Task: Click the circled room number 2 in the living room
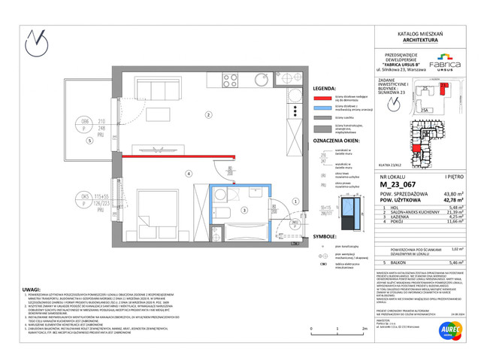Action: (x=208, y=114)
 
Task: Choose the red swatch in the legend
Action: (x=323, y=97)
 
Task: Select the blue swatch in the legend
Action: (x=323, y=108)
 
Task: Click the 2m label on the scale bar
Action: (x=364, y=329)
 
